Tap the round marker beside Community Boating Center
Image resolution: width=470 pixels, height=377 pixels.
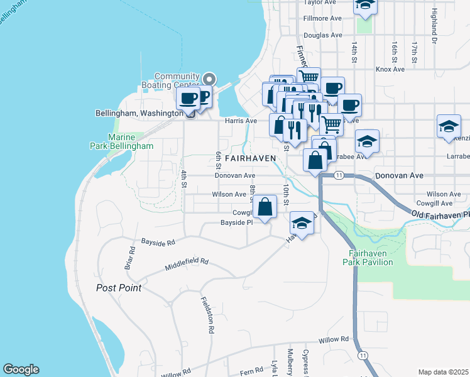tap(209, 80)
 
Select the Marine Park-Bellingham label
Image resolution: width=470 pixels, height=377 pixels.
tap(131, 141)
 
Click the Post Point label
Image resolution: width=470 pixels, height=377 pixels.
tap(119, 288)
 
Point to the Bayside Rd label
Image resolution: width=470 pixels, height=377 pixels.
tap(158, 241)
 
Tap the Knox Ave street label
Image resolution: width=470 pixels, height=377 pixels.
tap(390, 69)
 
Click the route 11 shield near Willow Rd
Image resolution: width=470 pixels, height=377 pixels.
tap(363, 355)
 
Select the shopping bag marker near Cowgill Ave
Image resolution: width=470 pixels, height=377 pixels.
tap(265, 207)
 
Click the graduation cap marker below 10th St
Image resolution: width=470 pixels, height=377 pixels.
tap(302, 224)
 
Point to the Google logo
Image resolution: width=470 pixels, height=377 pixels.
tap(21, 369)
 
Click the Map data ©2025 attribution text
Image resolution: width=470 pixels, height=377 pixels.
tap(444, 372)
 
